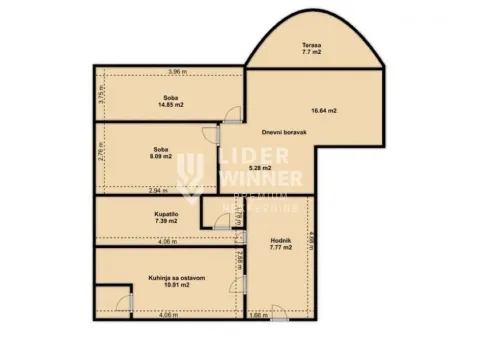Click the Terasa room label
click(x=312, y=45)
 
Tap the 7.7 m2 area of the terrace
click(x=312, y=53)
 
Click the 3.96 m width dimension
click(x=177, y=72)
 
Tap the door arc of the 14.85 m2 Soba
click(x=232, y=113)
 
